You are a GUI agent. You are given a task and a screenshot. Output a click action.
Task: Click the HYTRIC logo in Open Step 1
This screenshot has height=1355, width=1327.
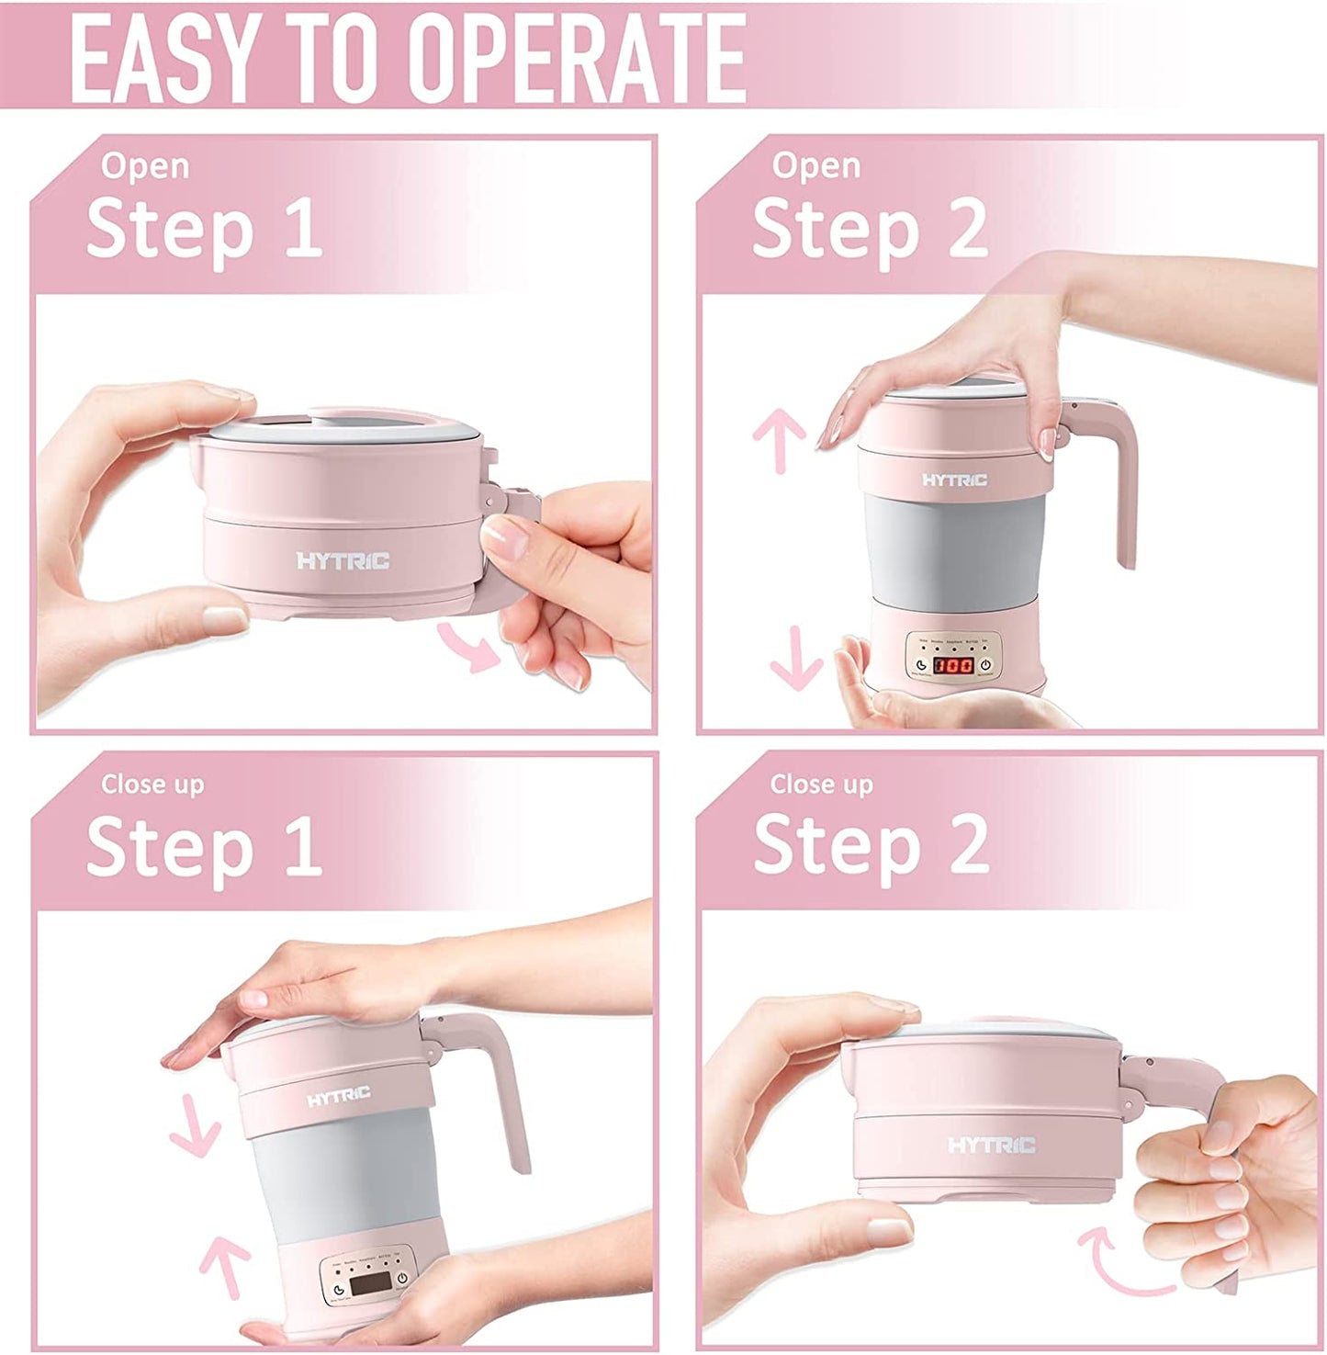click(x=343, y=560)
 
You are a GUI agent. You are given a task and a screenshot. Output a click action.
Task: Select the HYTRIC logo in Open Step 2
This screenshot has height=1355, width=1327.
click(x=954, y=480)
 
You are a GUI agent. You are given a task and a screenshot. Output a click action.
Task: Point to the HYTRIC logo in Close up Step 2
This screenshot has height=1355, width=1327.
click(x=991, y=1145)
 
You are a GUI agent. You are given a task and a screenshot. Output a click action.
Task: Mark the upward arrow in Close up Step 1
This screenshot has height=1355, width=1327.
click(x=224, y=1268)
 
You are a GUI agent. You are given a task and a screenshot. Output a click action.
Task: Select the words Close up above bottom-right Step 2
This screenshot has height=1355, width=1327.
click(x=821, y=784)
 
